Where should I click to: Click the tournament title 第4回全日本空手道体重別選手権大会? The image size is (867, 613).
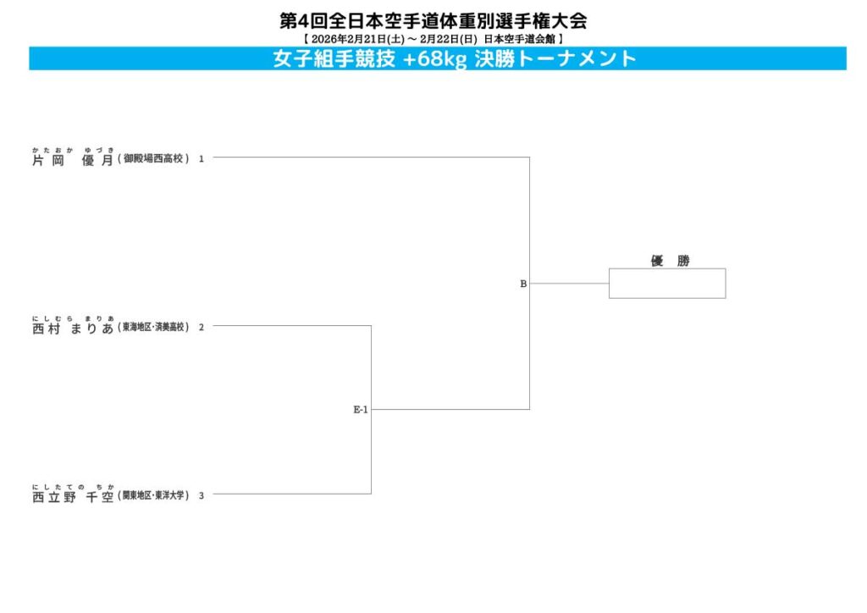coord(433,20)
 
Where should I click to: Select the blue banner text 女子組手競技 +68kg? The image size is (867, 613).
coord(370,59)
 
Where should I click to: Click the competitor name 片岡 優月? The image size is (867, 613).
coord(72,159)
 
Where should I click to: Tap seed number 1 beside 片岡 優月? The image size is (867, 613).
coord(202,158)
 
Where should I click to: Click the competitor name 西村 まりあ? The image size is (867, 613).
coord(72,328)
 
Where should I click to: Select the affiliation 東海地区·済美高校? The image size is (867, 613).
coord(155,327)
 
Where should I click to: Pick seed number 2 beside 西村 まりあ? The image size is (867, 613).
coord(202,327)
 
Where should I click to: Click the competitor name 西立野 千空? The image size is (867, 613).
coord(72,496)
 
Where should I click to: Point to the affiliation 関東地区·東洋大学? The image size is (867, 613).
coord(155,495)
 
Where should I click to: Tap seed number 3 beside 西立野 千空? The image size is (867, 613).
coord(202,495)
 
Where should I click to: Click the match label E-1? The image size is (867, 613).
coord(361,410)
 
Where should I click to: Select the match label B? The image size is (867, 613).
coord(523,284)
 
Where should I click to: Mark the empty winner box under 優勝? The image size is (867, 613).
coord(667,284)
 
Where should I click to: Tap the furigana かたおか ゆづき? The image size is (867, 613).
coord(72,149)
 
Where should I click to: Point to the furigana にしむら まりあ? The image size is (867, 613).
coord(72,318)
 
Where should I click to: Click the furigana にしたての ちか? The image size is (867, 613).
coord(72,486)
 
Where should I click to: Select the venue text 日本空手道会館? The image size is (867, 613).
coord(519,39)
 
